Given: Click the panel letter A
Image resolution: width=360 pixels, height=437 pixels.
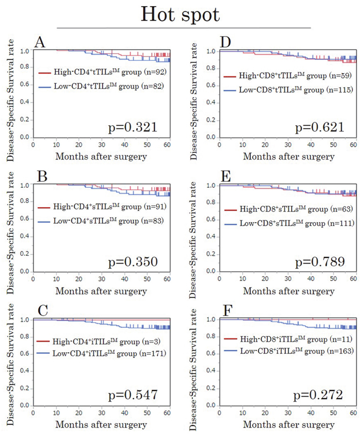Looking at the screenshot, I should pyautogui.click(x=39, y=42).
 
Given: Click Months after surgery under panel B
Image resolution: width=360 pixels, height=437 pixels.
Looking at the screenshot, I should pyautogui.click(x=107, y=290).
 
